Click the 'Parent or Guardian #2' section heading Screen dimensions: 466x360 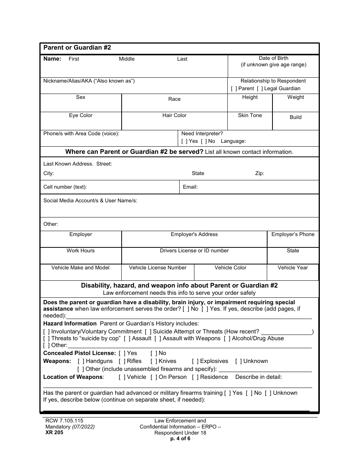77,48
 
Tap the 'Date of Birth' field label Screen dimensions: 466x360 273,58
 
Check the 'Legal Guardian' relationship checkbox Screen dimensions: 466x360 260,89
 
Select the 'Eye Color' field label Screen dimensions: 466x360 81,116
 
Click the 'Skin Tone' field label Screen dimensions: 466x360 250,116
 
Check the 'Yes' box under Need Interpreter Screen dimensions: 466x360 184,141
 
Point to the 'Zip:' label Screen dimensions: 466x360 260,174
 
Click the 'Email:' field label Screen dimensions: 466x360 190,187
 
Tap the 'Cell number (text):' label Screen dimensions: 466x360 65,187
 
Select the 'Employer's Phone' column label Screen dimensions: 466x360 293,235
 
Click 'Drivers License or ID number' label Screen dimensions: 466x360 194,251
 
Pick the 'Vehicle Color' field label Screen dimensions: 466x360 230,268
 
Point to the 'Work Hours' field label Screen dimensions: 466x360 81,251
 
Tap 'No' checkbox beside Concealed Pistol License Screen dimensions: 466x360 153,353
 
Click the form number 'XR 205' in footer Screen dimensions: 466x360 53,433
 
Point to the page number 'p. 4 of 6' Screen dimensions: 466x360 180,439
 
